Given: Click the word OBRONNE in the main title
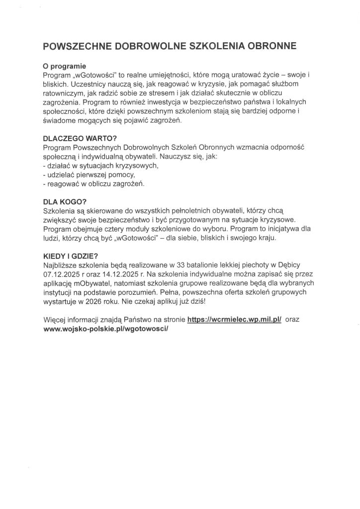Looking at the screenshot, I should pyautogui.click(x=269, y=46).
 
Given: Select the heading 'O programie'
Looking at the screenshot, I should pyautogui.click(x=65, y=66).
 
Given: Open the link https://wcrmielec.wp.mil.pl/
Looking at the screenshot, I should pyautogui.click(x=235, y=322).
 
